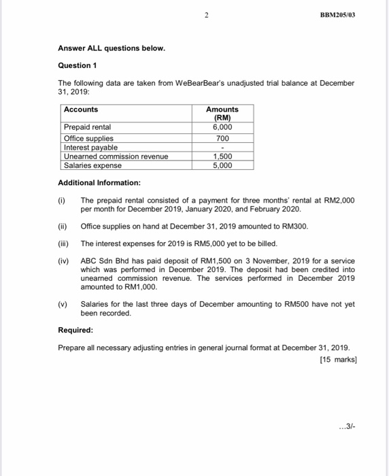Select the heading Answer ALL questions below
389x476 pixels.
click(x=111, y=49)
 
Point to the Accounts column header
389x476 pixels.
click(x=81, y=109)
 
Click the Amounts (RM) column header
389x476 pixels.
click(x=222, y=114)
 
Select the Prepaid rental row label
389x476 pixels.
click(x=87, y=127)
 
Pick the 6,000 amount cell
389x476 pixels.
click(x=222, y=127)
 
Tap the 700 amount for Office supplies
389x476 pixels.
click(x=222, y=138)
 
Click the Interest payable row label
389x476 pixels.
click(x=90, y=147)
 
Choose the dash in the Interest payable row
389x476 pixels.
click(x=222, y=148)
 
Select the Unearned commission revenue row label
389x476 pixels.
click(x=116, y=156)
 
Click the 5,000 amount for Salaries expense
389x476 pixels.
click(x=222, y=165)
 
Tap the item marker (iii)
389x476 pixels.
click(x=63, y=243)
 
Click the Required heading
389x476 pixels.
click(x=76, y=330)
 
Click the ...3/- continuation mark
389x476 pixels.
click(x=346, y=427)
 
